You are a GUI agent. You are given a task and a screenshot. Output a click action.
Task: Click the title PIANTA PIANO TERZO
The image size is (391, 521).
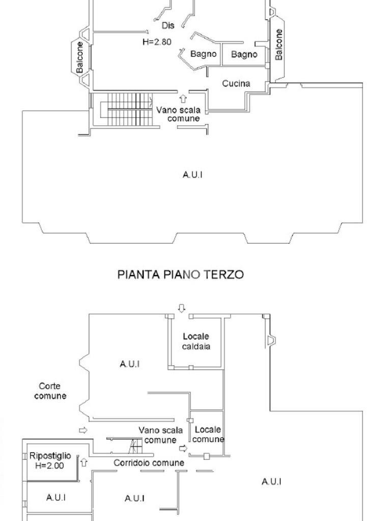180,275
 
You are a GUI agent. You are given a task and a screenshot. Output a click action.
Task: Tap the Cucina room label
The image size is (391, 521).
236,83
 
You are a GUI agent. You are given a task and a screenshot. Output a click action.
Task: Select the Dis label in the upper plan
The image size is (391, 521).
167,25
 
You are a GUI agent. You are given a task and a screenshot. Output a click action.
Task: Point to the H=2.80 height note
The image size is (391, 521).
156,42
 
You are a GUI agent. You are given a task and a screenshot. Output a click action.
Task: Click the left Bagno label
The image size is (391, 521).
204,54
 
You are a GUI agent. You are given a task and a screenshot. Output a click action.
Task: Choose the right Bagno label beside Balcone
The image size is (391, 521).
244,54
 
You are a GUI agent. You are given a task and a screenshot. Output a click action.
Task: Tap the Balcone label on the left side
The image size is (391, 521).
80,57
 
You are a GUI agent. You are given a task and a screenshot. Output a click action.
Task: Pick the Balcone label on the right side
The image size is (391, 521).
278,45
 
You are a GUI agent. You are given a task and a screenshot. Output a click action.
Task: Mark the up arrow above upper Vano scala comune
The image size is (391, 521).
183,98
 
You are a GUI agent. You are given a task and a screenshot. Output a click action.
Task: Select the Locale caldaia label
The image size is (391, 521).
196,341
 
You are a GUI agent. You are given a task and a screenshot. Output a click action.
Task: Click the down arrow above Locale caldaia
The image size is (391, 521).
182,307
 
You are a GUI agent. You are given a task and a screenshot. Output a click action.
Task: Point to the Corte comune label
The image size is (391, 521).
50,391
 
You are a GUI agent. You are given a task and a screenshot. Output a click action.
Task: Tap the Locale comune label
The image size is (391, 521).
208,434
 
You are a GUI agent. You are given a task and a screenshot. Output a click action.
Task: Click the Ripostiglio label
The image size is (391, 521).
50,456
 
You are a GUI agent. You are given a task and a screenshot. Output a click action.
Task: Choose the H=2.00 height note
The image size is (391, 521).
49,465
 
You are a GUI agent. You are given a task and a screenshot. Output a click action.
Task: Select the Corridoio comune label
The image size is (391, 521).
149,463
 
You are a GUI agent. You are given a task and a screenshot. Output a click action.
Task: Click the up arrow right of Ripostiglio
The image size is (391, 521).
85,462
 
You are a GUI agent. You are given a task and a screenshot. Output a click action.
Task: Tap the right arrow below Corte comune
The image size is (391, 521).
83,430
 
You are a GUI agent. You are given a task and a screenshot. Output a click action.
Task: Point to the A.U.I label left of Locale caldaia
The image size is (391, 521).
130,364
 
